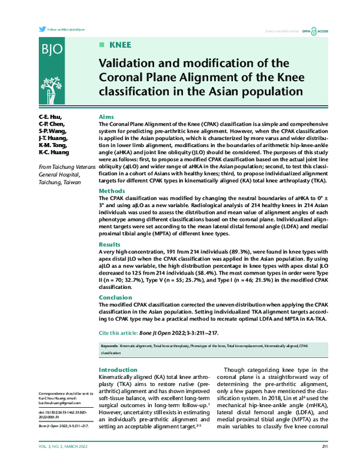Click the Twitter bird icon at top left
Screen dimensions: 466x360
point(41,29)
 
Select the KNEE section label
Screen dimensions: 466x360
point(120,45)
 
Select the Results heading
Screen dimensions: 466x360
point(109,244)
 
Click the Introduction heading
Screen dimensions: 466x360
point(118,370)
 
